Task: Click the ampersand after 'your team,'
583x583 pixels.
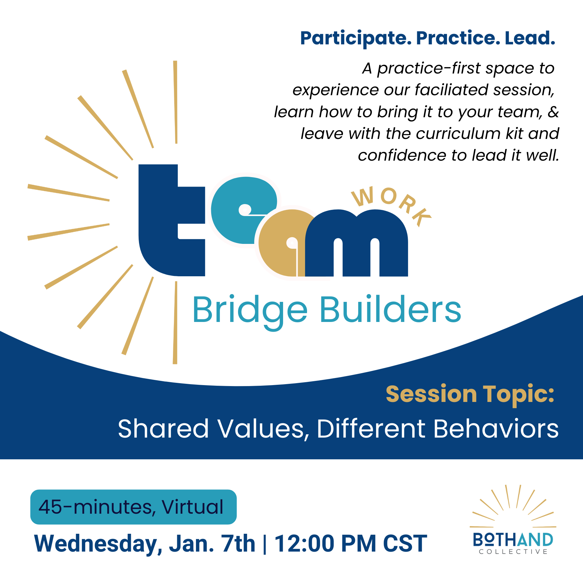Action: click(x=553, y=112)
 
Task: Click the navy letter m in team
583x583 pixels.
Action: click(x=356, y=243)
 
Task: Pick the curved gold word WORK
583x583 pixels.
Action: click(x=392, y=204)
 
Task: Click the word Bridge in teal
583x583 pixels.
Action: click(x=250, y=310)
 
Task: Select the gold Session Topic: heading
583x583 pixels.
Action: click(x=470, y=394)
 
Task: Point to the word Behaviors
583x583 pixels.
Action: click(x=496, y=429)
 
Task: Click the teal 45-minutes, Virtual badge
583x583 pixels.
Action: click(x=133, y=507)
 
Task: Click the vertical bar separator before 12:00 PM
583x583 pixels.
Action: click(x=265, y=544)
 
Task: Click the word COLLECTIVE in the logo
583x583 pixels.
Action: click(x=513, y=552)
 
